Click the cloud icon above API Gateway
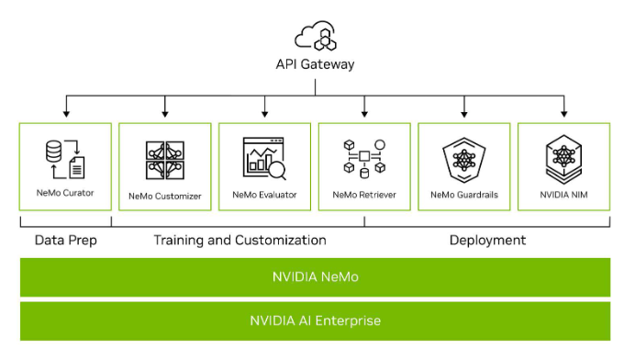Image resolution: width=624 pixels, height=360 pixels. coord(315,37)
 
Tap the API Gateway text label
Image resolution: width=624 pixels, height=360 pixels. coord(315,65)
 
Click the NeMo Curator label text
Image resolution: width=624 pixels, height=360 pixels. coord(65,194)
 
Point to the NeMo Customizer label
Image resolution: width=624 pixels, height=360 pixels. coord(165,195)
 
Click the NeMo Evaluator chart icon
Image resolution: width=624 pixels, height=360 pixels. coord(264,159)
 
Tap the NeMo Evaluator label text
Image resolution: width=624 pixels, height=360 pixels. coord(264,195)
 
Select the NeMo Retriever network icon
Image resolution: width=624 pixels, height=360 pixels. coord(364,159)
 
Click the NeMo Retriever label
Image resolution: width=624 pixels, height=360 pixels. coord(364,195)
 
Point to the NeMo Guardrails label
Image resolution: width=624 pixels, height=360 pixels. coord(464,195)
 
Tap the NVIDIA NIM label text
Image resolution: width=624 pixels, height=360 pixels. coord(563,195)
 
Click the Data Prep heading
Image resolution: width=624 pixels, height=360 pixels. coord(65,241)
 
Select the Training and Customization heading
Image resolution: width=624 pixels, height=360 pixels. coord(240,241)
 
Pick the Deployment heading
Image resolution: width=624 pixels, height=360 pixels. coord(487,241)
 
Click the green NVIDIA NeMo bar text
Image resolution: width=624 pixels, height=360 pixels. coord(315,276)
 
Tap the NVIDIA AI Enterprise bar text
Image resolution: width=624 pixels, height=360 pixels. coord(315,321)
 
